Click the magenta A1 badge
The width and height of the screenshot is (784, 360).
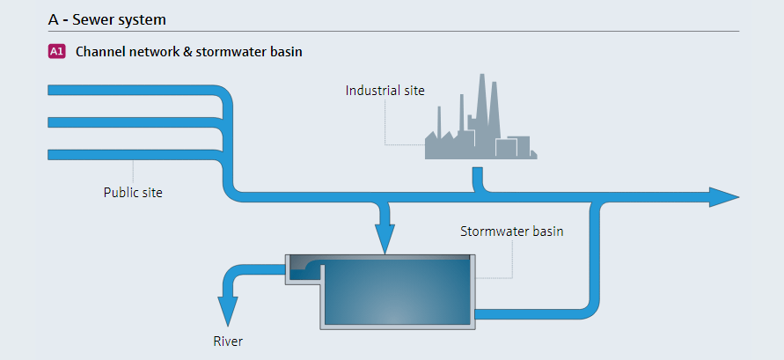[x=57, y=52]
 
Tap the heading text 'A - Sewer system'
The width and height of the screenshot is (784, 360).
[x=107, y=20]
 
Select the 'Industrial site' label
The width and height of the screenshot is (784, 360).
[x=385, y=91]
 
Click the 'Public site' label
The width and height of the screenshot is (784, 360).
[x=133, y=193]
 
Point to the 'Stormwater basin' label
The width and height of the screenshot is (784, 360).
[x=511, y=231]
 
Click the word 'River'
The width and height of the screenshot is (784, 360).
[x=228, y=342]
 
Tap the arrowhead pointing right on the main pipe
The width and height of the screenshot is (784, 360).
[x=724, y=197]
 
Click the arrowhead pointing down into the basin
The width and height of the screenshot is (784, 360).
[x=385, y=239]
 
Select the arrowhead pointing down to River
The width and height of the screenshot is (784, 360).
[x=228, y=312]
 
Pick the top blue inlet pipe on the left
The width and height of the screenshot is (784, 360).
[x=135, y=90]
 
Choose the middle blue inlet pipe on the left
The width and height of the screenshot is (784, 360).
[x=135, y=122]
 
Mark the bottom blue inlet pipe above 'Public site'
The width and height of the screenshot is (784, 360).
[x=135, y=155]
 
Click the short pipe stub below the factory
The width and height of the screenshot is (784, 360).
[x=478, y=179]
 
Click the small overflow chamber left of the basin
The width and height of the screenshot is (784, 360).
[x=303, y=270]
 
